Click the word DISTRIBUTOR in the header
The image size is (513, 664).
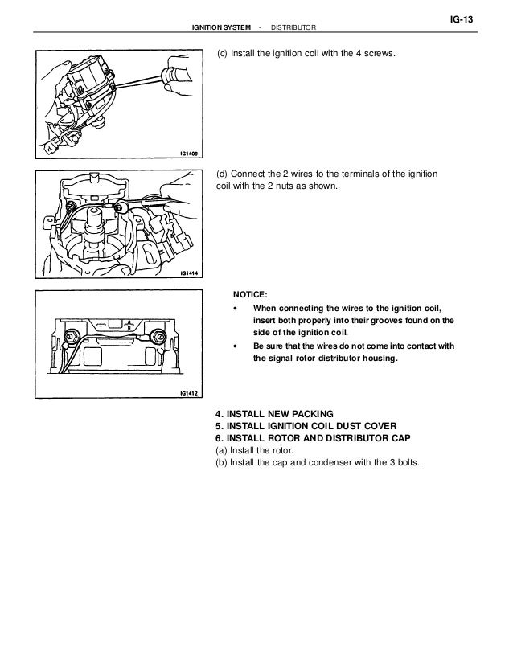[294, 29]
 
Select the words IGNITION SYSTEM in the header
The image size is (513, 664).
[217, 29]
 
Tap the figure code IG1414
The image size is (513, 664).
[188, 273]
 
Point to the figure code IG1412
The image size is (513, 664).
[188, 394]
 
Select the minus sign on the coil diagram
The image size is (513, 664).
[107, 326]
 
